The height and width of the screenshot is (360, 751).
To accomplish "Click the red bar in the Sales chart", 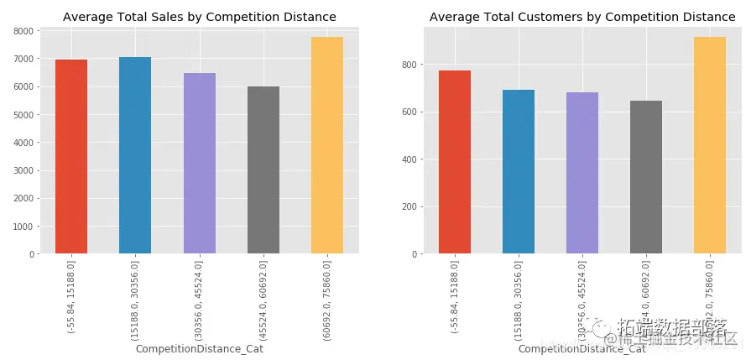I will (x=71, y=156).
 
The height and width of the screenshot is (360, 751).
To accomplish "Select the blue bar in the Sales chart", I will (x=135, y=155).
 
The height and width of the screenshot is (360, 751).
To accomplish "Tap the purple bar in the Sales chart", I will (x=200, y=163).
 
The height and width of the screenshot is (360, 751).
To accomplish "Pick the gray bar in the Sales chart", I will (x=263, y=170).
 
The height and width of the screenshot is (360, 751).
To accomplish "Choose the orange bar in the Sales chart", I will (x=327, y=145).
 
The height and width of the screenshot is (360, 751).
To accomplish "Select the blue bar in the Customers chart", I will (x=519, y=171).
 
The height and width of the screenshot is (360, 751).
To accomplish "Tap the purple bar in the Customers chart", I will (x=582, y=173).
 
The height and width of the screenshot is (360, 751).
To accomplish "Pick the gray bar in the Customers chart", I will (x=646, y=177).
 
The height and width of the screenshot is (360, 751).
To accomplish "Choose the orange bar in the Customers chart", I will (x=710, y=145).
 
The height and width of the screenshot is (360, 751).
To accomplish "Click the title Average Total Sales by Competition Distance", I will (x=200, y=17).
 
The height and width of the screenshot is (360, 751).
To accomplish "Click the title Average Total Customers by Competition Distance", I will (x=582, y=17).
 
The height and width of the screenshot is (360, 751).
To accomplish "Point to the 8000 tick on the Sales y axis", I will (x=23, y=31).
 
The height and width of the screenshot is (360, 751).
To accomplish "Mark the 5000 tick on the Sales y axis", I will (x=23, y=115).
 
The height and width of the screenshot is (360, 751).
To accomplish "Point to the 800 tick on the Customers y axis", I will (x=409, y=65).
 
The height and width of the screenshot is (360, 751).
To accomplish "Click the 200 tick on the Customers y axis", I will (x=409, y=206).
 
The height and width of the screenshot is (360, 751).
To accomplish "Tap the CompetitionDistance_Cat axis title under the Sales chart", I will (x=200, y=349).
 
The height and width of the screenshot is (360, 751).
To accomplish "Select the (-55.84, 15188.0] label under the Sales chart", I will (x=71, y=297).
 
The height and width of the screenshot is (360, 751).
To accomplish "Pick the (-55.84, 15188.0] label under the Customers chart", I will (x=455, y=297).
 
